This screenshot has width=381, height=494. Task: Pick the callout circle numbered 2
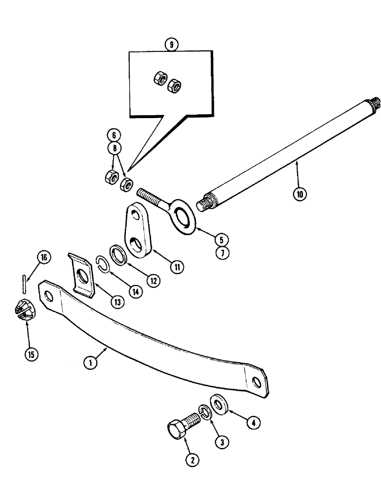click(x=193, y=460)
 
